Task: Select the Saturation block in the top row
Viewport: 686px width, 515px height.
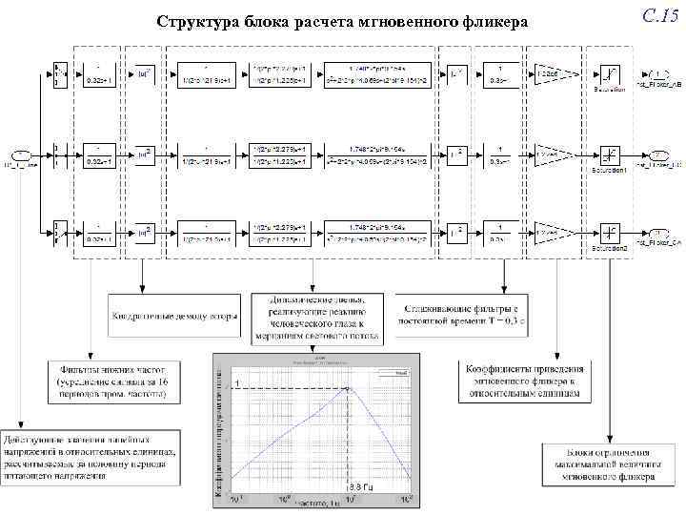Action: pyautogui.click(x=608, y=73)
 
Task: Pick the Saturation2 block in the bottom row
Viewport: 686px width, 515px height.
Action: pyautogui.click(x=608, y=231)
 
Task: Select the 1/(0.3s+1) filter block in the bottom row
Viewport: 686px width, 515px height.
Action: pyautogui.click(x=495, y=231)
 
